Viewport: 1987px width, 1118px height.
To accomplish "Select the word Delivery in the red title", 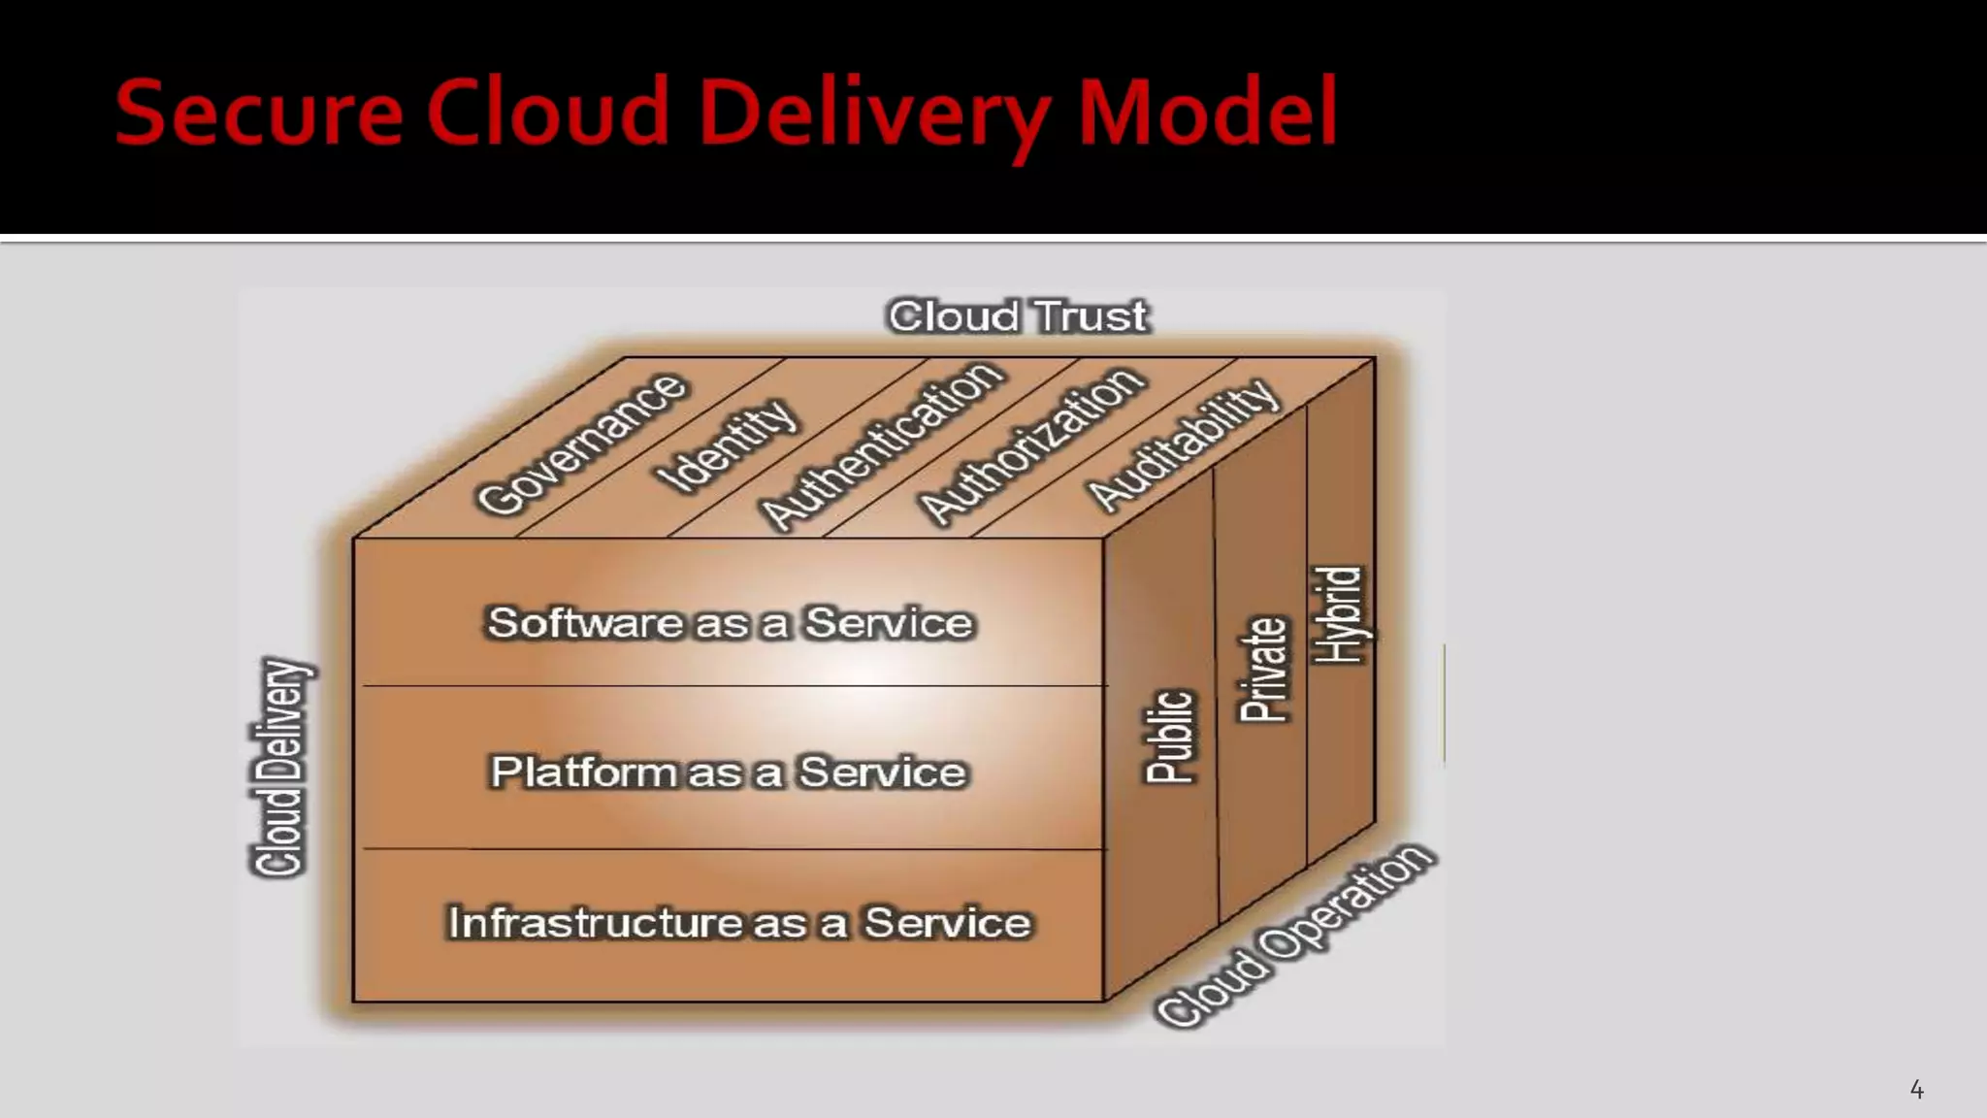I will [x=873, y=115].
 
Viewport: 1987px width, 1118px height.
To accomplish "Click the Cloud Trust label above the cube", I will [x=1018, y=316].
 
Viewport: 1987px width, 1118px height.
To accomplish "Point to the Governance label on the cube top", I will [x=582, y=444].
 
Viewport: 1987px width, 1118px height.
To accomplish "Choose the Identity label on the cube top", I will [x=729, y=445].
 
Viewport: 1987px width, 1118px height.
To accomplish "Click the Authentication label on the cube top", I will [x=881, y=445].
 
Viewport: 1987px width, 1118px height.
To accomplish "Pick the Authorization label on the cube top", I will [x=1032, y=445].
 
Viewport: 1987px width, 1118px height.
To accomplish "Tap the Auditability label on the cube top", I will [x=1182, y=444].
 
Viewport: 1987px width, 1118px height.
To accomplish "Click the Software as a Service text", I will [x=730, y=623].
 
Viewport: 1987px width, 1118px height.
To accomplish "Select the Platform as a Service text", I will [x=729, y=773].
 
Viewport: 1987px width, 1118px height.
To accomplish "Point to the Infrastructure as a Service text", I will [x=738, y=923].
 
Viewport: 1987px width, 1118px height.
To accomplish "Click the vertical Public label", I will [x=1169, y=736].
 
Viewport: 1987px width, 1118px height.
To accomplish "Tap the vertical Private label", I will [x=1263, y=670].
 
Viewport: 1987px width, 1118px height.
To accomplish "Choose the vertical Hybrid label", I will [x=1339, y=615].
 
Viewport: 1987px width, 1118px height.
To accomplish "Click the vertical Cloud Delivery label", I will [x=280, y=767].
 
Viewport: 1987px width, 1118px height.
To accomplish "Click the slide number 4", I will [x=1916, y=1089].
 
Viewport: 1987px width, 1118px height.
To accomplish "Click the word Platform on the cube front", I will [x=583, y=773].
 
